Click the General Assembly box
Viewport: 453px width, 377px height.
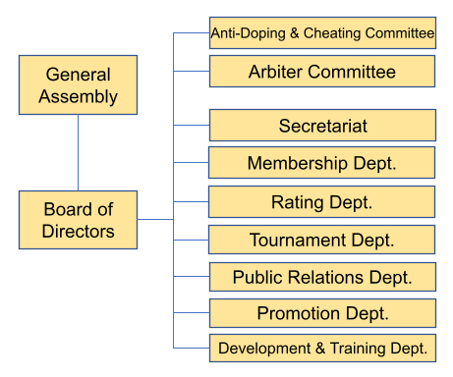point(78,84)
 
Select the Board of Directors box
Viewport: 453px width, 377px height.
point(78,220)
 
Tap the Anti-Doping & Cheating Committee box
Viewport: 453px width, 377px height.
point(322,32)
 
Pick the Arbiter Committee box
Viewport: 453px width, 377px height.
point(322,71)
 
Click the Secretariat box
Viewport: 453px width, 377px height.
point(322,125)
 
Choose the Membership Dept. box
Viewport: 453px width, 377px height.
point(321,162)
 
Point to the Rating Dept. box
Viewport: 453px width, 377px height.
point(321,201)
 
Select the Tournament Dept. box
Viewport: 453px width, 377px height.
point(321,240)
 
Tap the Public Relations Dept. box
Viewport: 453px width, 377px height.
point(322,277)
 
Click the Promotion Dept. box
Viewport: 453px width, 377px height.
point(322,313)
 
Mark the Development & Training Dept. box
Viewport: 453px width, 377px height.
point(322,348)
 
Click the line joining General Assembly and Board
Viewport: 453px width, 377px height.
point(78,152)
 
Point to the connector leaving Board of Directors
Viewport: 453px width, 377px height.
point(155,219)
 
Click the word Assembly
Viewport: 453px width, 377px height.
point(78,97)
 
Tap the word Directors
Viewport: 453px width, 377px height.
point(78,231)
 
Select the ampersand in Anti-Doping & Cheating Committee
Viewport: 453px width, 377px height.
point(295,33)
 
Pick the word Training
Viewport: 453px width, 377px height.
point(358,349)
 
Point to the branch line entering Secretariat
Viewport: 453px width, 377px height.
point(192,125)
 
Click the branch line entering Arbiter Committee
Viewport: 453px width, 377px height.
point(192,71)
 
